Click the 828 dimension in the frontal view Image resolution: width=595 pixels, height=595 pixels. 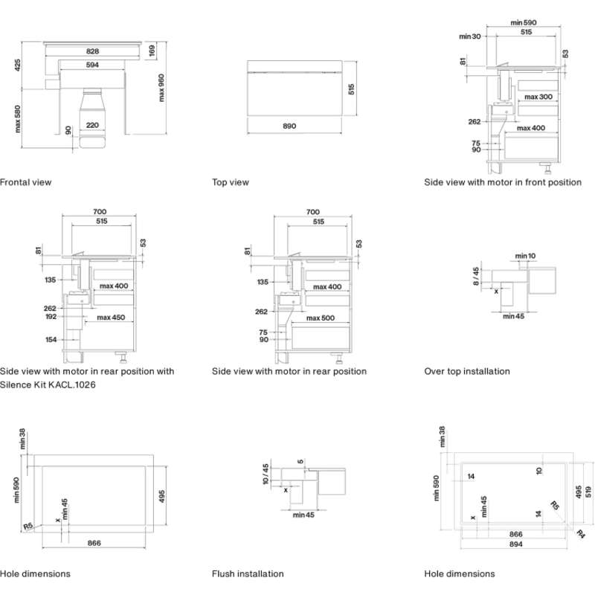(92, 51)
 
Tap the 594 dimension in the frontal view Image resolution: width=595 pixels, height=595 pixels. (92, 65)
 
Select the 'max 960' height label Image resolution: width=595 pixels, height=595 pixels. (161, 88)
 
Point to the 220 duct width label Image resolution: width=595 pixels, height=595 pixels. (92, 125)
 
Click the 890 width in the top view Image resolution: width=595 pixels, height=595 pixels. (289, 126)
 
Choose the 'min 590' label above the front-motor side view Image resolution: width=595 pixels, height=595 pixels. (524, 23)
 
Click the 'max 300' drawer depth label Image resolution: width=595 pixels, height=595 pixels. (538, 97)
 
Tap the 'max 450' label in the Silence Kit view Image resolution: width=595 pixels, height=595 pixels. (111, 318)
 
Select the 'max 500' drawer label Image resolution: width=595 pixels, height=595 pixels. (321, 318)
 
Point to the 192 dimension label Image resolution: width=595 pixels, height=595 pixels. (51, 317)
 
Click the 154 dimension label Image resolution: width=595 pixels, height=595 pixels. (51, 340)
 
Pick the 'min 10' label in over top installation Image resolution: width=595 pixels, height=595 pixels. (525, 256)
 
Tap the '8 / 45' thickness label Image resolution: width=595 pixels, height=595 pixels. (476, 277)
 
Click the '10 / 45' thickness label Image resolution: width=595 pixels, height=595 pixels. (266, 474)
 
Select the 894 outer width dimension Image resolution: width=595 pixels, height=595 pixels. (516, 544)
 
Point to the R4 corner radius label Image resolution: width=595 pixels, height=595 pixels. (581, 534)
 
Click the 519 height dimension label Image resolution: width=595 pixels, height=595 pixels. (588, 492)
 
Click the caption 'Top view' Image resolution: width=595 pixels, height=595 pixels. (231, 182)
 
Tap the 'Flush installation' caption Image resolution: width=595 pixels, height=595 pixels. (248, 573)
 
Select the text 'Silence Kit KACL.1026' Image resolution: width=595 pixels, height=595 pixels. (48, 385)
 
